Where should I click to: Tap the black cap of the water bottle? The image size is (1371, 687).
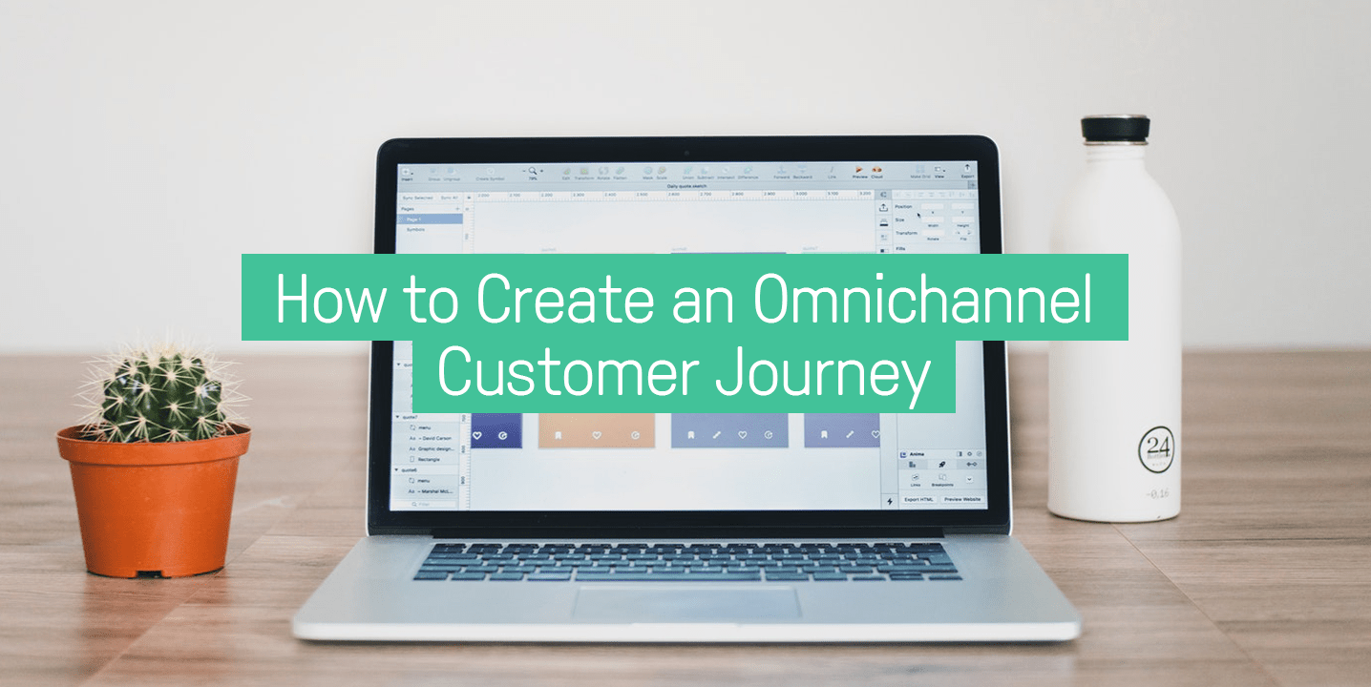click(1115, 129)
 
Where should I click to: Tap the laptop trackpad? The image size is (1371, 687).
click(687, 601)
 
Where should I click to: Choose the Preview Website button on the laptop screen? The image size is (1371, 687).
click(961, 499)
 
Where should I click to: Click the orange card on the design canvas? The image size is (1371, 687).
click(597, 430)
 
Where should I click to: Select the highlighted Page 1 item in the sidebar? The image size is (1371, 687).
click(430, 219)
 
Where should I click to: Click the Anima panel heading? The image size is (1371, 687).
click(917, 454)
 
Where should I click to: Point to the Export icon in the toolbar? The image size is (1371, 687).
click(967, 171)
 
